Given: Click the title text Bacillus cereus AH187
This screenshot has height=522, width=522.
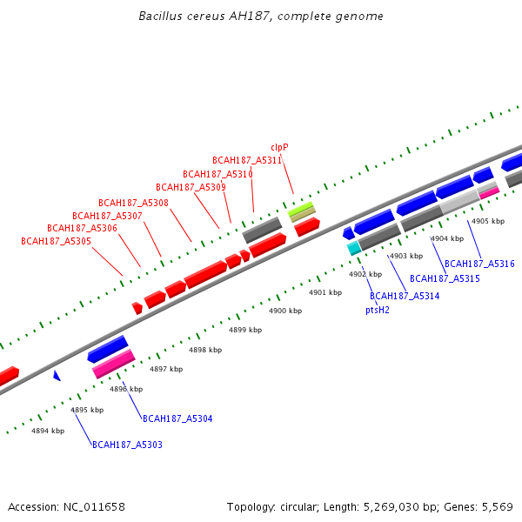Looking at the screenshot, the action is (x=261, y=17).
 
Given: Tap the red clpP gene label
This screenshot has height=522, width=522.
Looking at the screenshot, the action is (x=279, y=147).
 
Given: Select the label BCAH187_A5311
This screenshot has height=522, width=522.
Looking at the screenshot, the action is (x=247, y=160).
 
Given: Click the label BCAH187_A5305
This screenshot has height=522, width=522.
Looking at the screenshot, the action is (x=56, y=241).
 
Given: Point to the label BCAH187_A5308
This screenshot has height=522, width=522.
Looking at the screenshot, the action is (x=133, y=203).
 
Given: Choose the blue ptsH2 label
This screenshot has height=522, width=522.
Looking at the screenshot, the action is (x=378, y=309).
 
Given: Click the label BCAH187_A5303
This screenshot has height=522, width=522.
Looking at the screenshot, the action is (x=127, y=445).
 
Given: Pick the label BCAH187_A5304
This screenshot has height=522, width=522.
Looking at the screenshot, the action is (x=177, y=418).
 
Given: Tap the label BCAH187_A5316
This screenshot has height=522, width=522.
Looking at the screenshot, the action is (x=479, y=264).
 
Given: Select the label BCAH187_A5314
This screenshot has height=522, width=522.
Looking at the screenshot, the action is (x=405, y=296).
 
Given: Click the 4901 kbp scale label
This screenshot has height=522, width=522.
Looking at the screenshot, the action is (x=325, y=292).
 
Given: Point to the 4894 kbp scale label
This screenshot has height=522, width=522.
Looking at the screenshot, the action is (x=48, y=431).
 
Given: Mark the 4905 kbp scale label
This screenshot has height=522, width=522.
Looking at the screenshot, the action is (x=488, y=221).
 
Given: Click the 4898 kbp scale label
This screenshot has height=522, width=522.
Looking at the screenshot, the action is (x=205, y=350).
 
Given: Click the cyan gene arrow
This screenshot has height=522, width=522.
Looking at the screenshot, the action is (x=353, y=248).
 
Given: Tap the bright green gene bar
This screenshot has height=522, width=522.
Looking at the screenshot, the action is (x=301, y=209).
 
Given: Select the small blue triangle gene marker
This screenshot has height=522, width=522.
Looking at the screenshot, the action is (x=57, y=375).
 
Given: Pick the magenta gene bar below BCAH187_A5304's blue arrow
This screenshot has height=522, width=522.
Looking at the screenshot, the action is (x=114, y=364).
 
